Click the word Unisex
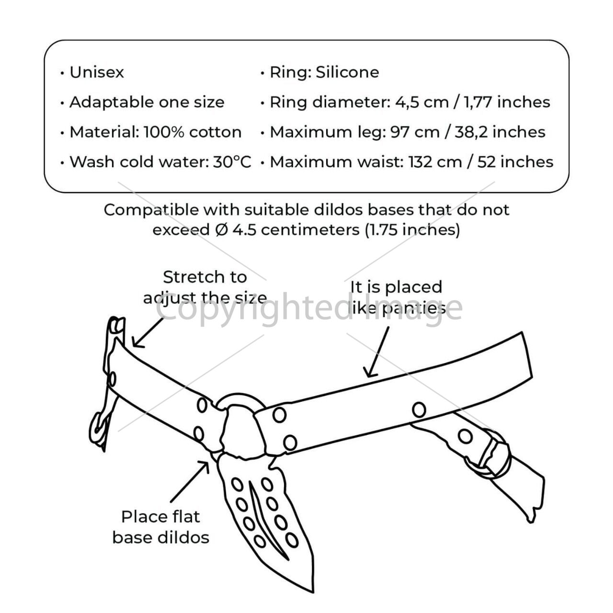pos(96,72)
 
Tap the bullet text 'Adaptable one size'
pos(147,102)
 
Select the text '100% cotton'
pos(193,132)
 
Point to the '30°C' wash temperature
pos(232,161)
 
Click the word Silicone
pos(347,72)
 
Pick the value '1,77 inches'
pos(507,102)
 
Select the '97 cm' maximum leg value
pos(415,132)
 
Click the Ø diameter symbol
pos(221,230)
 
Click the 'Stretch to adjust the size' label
pos(205,287)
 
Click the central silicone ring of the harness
pos(241,399)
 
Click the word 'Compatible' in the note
pos(150,210)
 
